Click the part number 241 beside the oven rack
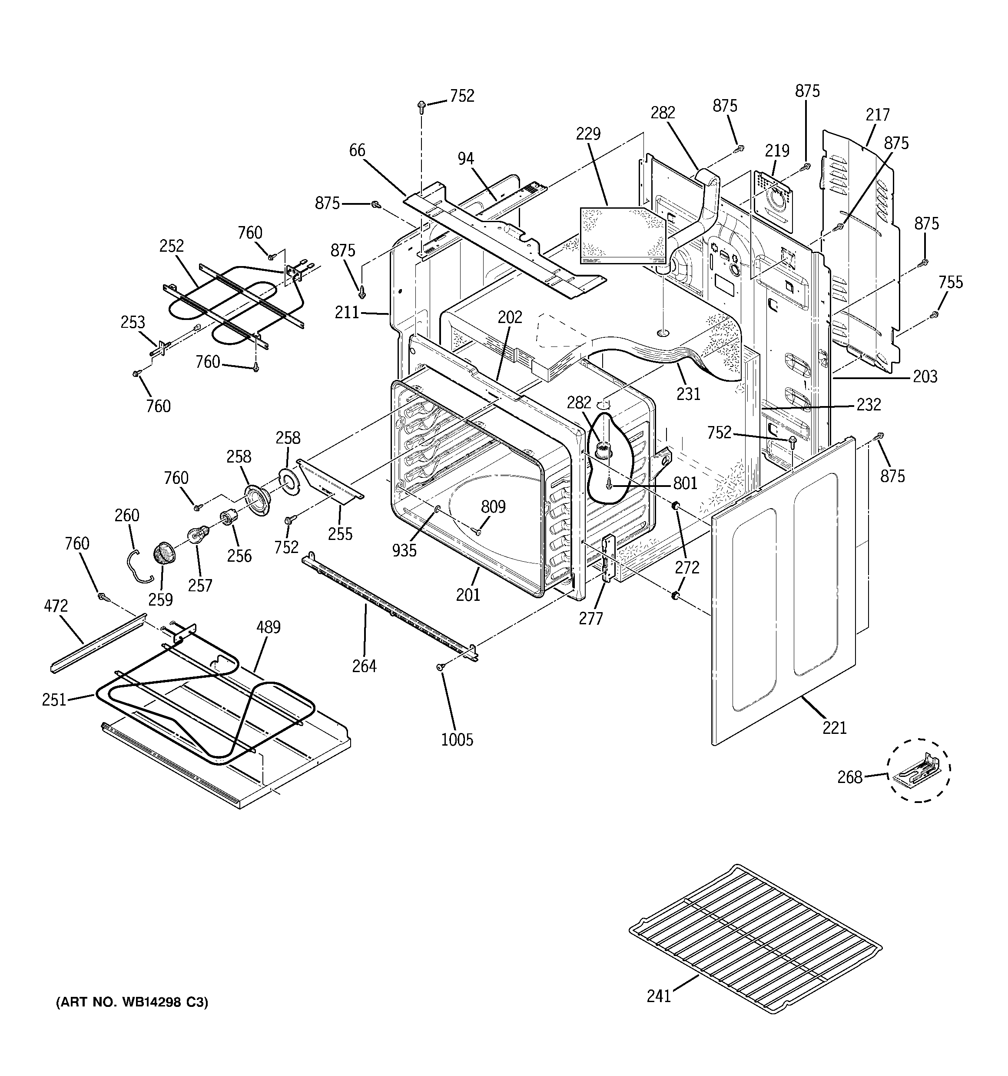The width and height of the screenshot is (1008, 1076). tap(659, 995)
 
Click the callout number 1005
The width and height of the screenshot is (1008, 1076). tap(457, 740)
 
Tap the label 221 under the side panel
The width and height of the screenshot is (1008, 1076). tap(834, 728)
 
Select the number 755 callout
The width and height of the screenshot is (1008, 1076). tap(951, 282)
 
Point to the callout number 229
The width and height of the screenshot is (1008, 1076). tap(588, 133)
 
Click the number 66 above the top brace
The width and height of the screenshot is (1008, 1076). tap(357, 150)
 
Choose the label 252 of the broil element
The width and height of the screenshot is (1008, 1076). tap(172, 246)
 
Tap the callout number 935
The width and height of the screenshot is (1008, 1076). tap(404, 550)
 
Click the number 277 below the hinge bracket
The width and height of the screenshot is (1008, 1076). tap(590, 618)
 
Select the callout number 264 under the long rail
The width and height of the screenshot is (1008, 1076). tap(364, 666)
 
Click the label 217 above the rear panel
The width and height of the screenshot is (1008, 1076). tap(877, 115)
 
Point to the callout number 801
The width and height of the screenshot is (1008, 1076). tap(685, 483)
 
